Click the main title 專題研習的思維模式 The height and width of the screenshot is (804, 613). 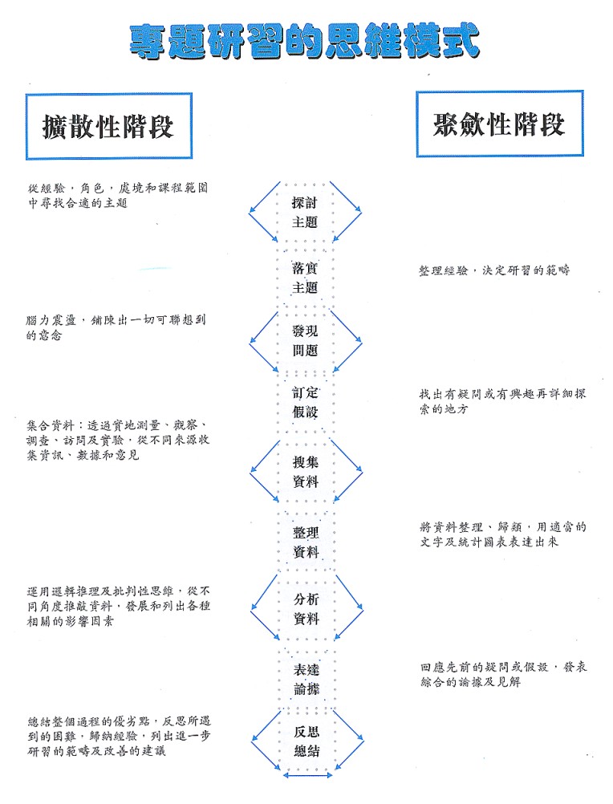[x=304, y=41]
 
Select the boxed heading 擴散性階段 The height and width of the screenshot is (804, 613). [x=108, y=126]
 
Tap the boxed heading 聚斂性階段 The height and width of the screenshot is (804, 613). [x=500, y=124]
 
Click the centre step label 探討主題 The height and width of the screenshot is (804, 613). [x=305, y=213]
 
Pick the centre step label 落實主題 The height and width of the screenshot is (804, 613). [x=305, y=278]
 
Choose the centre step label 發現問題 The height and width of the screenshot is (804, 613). [x=305, y=340]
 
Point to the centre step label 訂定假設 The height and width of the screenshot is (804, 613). [x=305, y=402]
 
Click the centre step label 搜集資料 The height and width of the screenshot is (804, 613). [x=306, y=472]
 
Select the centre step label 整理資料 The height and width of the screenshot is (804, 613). [x=306, y=542]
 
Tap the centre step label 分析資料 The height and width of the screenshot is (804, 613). [x=306, y=609]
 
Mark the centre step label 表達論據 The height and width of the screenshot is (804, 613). [x=306, y=680]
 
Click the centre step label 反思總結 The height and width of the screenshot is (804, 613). [x=306, y=741]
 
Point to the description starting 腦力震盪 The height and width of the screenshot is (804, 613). [x=116, y=327]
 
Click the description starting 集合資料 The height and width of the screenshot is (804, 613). [x=118, y=440]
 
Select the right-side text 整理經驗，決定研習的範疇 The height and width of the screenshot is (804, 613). [x=494, y=270]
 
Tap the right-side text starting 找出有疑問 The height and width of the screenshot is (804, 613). [x=502, y=401]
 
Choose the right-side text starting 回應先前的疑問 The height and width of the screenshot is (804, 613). [x=504, y=674]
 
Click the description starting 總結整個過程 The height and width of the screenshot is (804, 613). [x=119, y=737]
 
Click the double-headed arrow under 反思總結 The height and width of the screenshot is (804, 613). [x=307, y=775]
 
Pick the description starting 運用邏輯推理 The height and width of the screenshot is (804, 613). [x=119, y=606]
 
